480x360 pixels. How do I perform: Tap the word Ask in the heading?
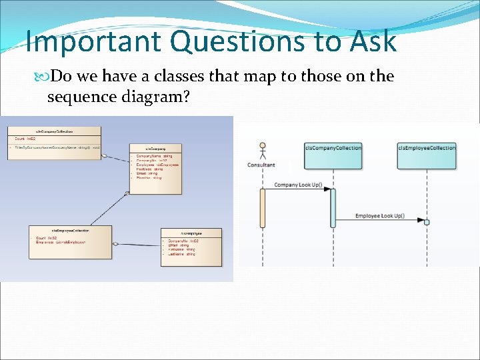pyautogui.click(x=374, y=41)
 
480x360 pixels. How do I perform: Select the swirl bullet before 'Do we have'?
pyautogui.click(x=45, y=77)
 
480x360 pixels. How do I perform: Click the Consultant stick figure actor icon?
pyautogui.click(x=262, y=150)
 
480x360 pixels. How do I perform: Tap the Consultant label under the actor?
pyautogui.click(x=261, y=165)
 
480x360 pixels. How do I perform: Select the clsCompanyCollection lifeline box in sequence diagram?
pyautogui.click(x=333, y=155)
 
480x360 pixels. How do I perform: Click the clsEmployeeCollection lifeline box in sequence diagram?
pyautogui.click(x=427, y=155)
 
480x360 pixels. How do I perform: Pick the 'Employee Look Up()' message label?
pyautogui.click(x=379, y=215)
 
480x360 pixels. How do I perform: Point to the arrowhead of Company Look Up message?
pyautogui.click(x=327, y=189)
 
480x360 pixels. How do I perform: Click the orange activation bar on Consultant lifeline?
pyautogui.click(x=263, y=208)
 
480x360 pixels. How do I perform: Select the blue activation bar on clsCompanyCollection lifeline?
pyautogui.click(x=333, y=208)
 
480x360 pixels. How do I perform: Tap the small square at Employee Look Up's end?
pyautogui.click(x=427, y=221)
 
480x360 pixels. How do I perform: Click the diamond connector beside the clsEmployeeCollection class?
pyautogui.click(x=115, y=244)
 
